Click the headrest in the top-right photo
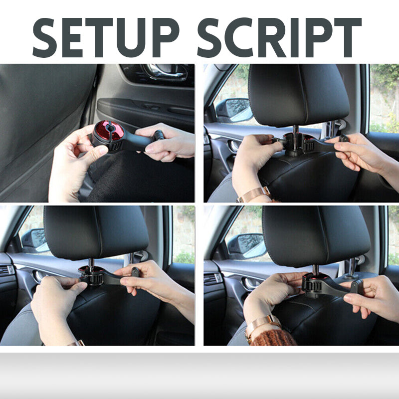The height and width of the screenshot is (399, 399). pyautogui.click(x=298, y=95)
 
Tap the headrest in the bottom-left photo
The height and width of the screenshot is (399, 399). pyautogui.click(x=96, y=232)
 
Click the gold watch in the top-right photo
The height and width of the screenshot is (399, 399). pyautogui.click(x=253, y=194)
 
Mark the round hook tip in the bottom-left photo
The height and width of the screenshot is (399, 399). pyautogui.click(x=135, y=272)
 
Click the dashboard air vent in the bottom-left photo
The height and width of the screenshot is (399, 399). pyautogui.click(x=6, y=269)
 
